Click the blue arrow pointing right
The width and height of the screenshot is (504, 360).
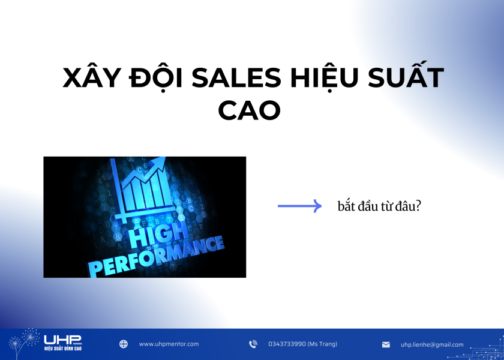(x=299, y=206)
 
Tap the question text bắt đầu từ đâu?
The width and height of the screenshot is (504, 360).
(x=379, y=206)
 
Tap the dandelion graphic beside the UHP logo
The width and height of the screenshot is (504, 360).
(x=24, y=343)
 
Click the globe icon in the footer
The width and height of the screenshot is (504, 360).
(x=124, y=344)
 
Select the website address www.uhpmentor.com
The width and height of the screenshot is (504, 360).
(x=169, y=344)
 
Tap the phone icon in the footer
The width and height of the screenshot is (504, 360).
(x=253, y=344)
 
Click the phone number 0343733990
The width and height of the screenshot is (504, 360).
(x=287, y=344)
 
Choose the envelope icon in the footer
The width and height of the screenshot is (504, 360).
(x=386, y=345)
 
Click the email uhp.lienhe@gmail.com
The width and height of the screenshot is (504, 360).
(x=432, y=345)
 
